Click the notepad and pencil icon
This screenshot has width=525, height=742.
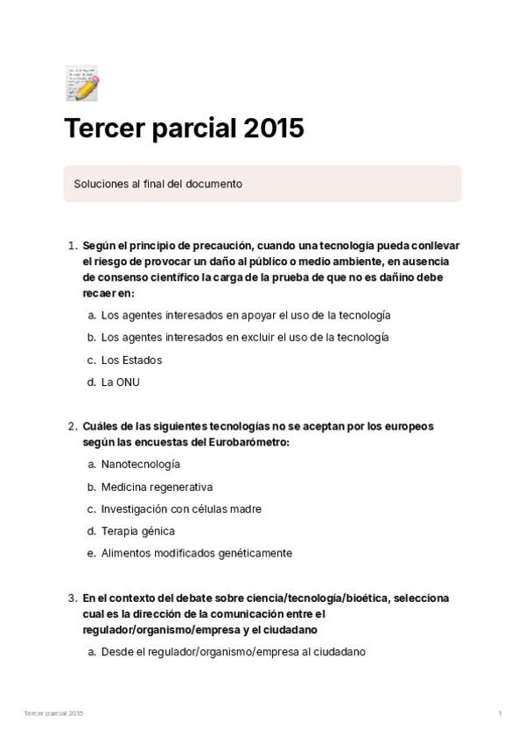[x=81, y=82]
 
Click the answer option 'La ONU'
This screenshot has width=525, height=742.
[x=120, y=382]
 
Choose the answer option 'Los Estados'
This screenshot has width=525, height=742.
[x=131, y=360]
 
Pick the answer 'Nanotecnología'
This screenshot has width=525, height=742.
[x=140, y=464]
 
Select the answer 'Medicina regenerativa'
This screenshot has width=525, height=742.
[x=157, y=486]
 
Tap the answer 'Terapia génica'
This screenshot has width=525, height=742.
[x=137, y=531]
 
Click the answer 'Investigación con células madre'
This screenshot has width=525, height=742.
[x=181, y=509]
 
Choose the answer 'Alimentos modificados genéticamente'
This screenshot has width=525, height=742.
[x=196, y=554]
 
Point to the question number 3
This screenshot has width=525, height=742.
[x=72, y=598]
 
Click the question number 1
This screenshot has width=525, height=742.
[x=72, y=246]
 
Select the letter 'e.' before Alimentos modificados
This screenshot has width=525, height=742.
[x=92, y=554]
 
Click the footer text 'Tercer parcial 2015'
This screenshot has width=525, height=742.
[x=53, y=714]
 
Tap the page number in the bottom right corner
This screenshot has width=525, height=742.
[x=500, y=714]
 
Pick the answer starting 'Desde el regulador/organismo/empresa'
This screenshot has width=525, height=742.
[x=233, y=652]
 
